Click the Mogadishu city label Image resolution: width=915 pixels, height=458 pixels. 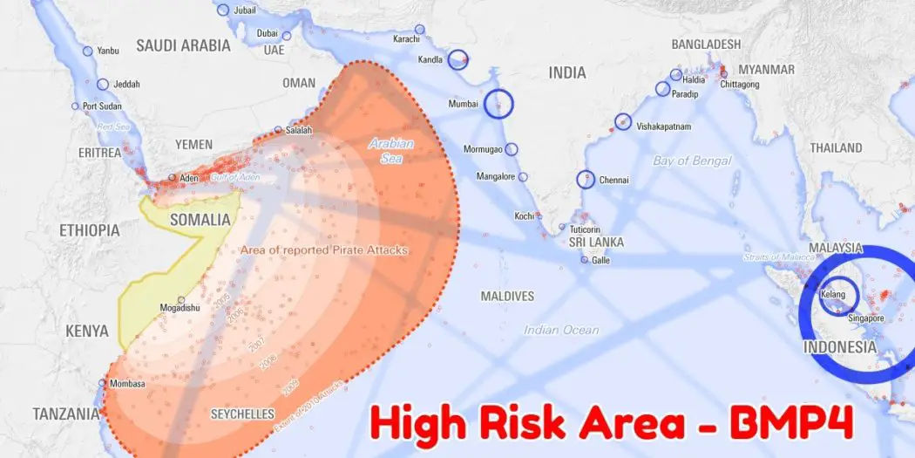[x=180, y=308]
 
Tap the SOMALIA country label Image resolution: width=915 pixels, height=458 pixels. [x=200, y=220]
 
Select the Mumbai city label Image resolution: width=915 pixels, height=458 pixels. [x=463, y=104]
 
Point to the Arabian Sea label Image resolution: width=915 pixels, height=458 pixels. [x=390, y=151]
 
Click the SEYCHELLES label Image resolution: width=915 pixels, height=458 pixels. [x=242, y=414]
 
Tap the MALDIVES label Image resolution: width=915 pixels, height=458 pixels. [x=507, y=297]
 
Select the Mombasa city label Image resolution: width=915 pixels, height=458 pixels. [x=126, y=384]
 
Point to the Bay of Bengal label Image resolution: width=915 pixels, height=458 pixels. [x=692, y=161]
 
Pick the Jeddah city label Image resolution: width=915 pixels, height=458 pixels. [x=126, y=85]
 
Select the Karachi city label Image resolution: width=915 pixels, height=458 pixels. [x=406, y=39]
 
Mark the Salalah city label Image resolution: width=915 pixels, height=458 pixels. [x=298, y=130]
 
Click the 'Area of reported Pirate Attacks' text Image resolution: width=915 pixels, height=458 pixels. [x=324, y=250]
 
